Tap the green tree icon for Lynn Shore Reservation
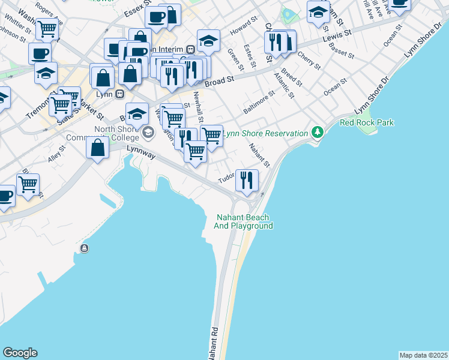coord(317,132)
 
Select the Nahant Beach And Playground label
coord(244,221)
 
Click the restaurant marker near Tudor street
coord(246,180)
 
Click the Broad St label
coord(220,80)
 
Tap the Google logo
coord(20,353)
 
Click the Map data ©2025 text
coord(423,355)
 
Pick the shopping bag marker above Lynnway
coord(97,148)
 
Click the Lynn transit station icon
coord(119,94)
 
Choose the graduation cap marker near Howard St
coord(208,41)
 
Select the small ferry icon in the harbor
coord(85,248)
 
